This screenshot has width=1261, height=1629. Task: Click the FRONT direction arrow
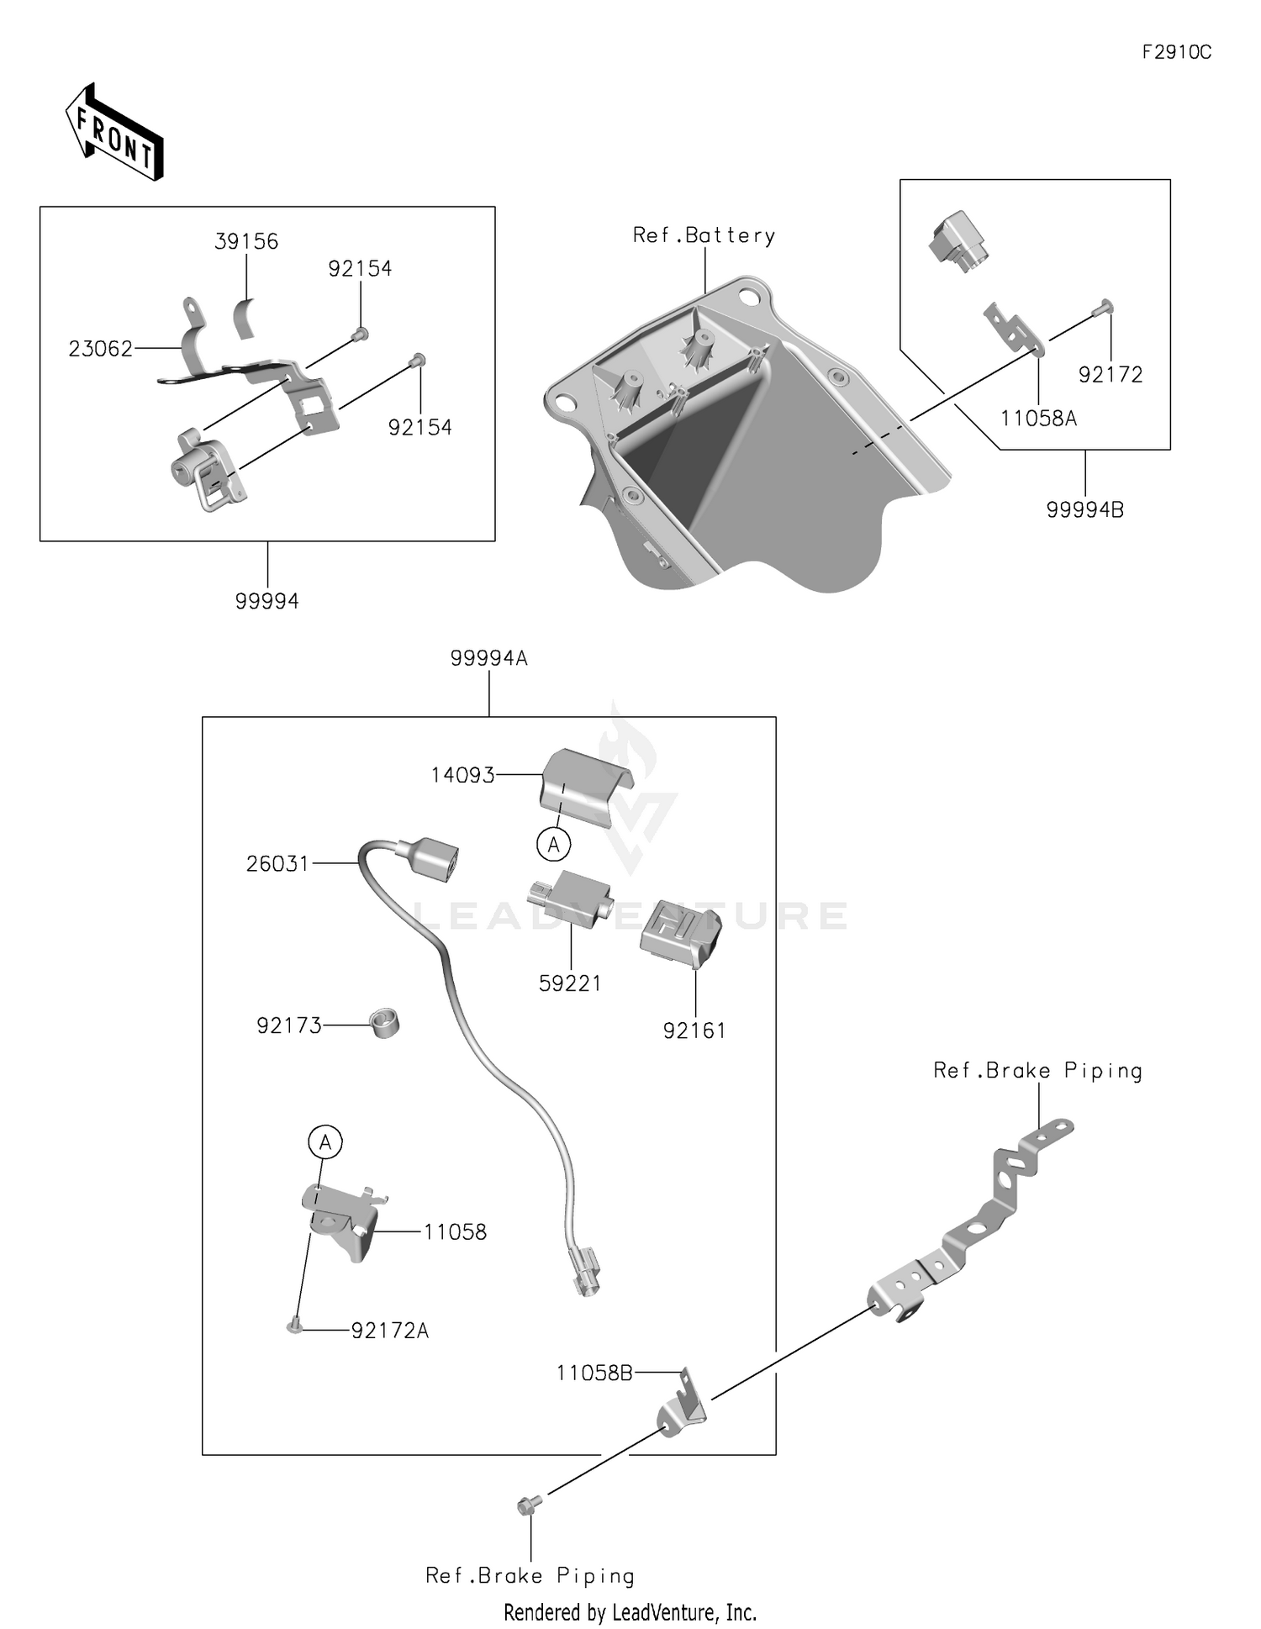114,132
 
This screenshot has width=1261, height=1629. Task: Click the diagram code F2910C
1176,52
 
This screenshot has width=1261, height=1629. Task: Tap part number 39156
246,242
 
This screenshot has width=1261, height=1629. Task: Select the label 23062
100,348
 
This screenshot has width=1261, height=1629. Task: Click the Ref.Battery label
704,235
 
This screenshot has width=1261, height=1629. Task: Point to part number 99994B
1084,509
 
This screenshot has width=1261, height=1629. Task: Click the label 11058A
1038,418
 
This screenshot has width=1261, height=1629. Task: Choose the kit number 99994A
488,658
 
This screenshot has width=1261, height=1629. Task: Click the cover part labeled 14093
586,786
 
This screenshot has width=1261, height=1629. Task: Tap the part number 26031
277,863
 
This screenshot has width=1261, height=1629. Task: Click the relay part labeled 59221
570,899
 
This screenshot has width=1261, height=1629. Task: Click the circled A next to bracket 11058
325,1141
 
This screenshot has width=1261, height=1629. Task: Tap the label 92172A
390,1331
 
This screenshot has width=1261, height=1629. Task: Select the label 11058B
594,1373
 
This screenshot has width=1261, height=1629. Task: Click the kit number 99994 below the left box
267,601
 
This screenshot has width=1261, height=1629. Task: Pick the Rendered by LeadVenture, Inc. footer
630,1612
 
